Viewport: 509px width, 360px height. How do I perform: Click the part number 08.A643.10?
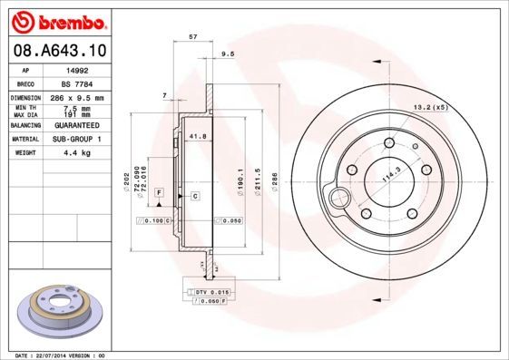(57, 53)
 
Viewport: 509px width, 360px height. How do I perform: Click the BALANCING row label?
(24, 126)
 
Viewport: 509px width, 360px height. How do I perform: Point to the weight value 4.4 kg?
(76, 154)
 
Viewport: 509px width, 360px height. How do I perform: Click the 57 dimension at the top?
(192, 37)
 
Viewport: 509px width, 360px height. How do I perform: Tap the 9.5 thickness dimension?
(228, 54)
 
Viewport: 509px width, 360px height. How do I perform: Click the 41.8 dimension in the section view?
(197, 137)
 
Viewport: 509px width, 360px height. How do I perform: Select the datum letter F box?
(159, 193)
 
